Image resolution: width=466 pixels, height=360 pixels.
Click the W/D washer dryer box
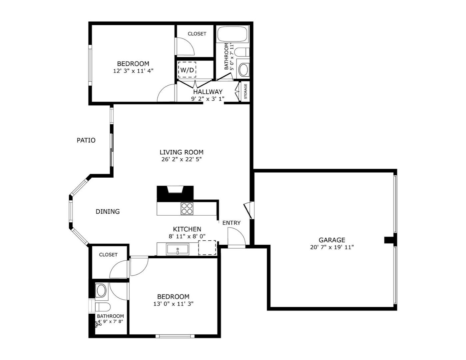point(187,70)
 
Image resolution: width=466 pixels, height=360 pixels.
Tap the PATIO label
point(86,140)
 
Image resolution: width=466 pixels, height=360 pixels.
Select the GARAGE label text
point(332,240)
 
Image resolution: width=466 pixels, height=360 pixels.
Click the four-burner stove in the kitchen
point(187,208)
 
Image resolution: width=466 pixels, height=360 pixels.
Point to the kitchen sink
point(178,249)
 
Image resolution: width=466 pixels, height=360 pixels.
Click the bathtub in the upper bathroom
point(233,35)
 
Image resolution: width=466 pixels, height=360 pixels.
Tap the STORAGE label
point(245,91)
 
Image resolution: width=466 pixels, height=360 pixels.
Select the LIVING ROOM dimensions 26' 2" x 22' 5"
point(182,159)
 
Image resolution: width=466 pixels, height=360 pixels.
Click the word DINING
point(108,211)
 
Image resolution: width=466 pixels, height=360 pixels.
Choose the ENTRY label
point(231,223)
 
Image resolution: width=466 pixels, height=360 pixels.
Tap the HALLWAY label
point(208,92)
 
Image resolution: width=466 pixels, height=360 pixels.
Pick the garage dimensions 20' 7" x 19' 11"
point(332,247)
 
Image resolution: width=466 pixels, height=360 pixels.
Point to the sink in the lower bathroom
point(101,290)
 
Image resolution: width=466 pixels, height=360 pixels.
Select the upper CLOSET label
point(197,34)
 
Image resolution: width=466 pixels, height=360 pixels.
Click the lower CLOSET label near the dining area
point(108,255)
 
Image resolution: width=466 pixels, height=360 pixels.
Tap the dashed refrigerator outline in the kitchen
point(207,248)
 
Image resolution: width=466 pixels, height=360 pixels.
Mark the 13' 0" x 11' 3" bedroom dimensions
point(173,304)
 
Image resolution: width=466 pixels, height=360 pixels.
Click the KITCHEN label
point(187,229)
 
